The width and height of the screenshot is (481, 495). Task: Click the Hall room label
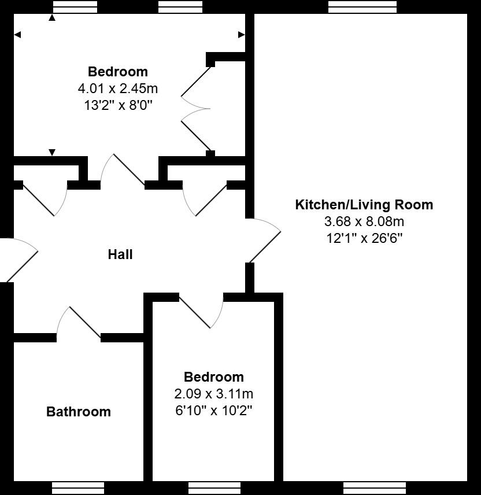point(120,254)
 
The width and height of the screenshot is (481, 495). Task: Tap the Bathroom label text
point(79,412)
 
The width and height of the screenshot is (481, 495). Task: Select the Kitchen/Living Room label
point(364,204)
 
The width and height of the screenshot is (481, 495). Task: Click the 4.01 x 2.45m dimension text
point(118,88)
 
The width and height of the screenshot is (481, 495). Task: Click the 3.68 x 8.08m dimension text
point(364,221)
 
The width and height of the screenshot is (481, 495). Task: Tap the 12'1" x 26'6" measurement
point(364,238)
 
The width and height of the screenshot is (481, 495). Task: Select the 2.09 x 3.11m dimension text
point(214,394)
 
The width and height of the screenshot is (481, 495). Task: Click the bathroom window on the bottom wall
point(78,487)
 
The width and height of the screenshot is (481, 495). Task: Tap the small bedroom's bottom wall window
point(214,487)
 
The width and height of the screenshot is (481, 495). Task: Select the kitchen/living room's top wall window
point(362,7)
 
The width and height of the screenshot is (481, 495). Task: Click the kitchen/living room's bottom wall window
point(374,487)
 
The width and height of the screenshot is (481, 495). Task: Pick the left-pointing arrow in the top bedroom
point(17,35)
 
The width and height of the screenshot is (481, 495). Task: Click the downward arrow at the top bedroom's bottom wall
point(52,153)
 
